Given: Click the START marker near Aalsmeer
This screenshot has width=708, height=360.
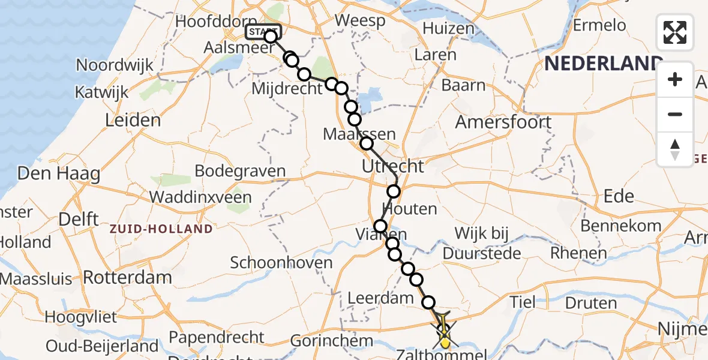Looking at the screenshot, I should [x=263, y=32].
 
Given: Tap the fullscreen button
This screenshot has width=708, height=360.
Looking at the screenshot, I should [x=675, y=32].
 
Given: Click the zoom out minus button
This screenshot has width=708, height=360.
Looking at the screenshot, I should [x=675, y=114].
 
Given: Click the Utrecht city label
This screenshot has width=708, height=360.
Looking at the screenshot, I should [x=393, y=166].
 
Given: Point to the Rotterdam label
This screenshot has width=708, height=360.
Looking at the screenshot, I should [x=127, y=277].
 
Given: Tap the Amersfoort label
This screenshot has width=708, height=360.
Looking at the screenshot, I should [x=503, y=122].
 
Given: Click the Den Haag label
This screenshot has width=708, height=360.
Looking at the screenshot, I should [x=59, y=174].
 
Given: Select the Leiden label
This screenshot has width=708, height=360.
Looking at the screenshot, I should [x=133, y=120].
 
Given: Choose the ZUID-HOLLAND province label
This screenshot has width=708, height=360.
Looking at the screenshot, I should [x=161, y=229].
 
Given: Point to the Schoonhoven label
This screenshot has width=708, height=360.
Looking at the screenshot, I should [x=281, y=262].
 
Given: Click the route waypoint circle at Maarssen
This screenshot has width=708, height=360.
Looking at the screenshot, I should [x=366, y=143].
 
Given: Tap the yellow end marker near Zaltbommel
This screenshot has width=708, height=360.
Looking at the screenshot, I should [x=445, y=343].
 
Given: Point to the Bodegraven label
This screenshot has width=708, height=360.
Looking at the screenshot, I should [x=240, y=171].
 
